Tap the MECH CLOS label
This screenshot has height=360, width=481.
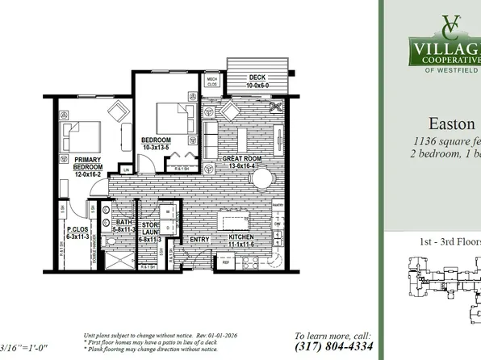pos(213,81)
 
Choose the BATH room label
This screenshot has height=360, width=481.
pos(123,223)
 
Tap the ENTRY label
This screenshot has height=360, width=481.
pos(199,240)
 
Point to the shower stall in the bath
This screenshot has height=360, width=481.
pos(121,262)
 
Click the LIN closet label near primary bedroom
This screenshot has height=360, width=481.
pos(126,170)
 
